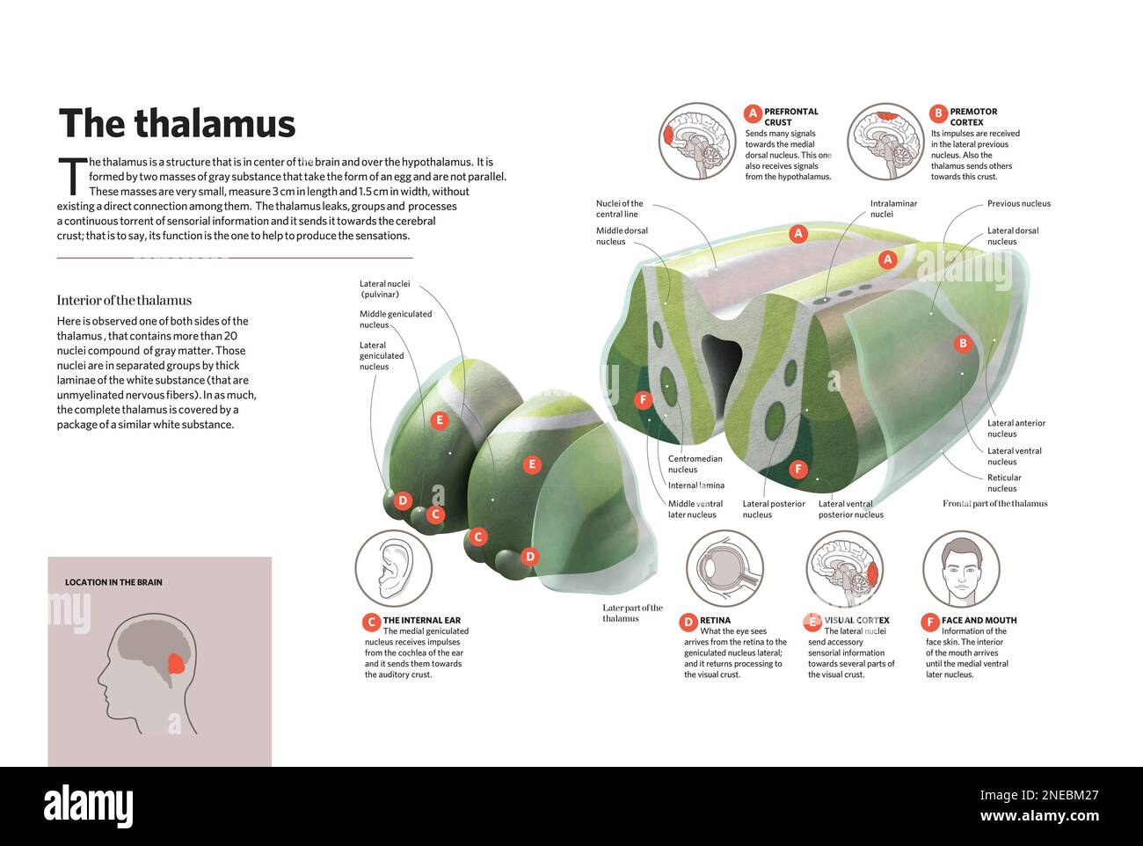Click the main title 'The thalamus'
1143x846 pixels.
pos(177,124)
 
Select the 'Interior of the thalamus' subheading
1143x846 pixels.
pos(124,301)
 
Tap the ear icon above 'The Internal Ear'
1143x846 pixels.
pos(393,569)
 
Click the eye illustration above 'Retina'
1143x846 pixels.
pos(724,569)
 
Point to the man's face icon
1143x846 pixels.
pos(961,569)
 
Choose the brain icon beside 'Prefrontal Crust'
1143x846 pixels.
pos(698,141)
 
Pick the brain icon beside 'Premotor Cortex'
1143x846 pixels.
pos(885,141)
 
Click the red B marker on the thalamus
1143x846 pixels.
pos(963,344)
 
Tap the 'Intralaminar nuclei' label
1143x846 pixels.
pos(893,208)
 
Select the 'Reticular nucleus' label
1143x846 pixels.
pos(1003,483)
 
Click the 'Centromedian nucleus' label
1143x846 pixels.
pos(695,463)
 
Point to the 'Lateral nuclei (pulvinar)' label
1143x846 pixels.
pos(384,288)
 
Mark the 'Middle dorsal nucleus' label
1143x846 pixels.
pos(622,236)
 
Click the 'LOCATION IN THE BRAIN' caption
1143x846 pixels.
pos(113,582)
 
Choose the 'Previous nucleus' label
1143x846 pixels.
pos(1018,204)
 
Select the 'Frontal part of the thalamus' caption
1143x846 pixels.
pos(994,504)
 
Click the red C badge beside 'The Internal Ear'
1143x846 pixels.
pos(371,622)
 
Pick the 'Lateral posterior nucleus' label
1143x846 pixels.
pos(774,509)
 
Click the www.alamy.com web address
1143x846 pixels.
pos(1039,816)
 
